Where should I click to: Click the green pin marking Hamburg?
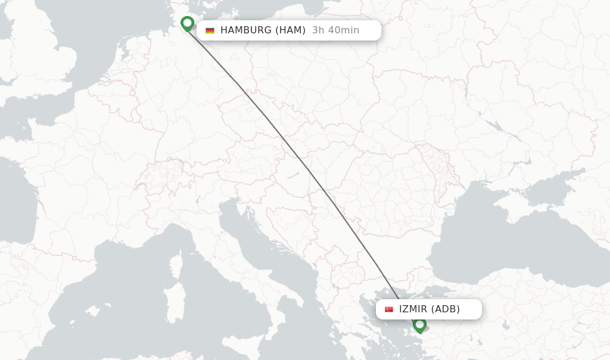188,23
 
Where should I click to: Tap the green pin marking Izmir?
419,325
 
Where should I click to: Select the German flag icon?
210,30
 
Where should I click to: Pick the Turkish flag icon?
389,309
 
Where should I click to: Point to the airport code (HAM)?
290,30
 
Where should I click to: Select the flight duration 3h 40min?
335,30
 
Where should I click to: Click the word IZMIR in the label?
413,309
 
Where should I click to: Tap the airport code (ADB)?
446,309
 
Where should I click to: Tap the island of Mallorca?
92,311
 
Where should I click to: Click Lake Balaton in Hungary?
292,176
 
